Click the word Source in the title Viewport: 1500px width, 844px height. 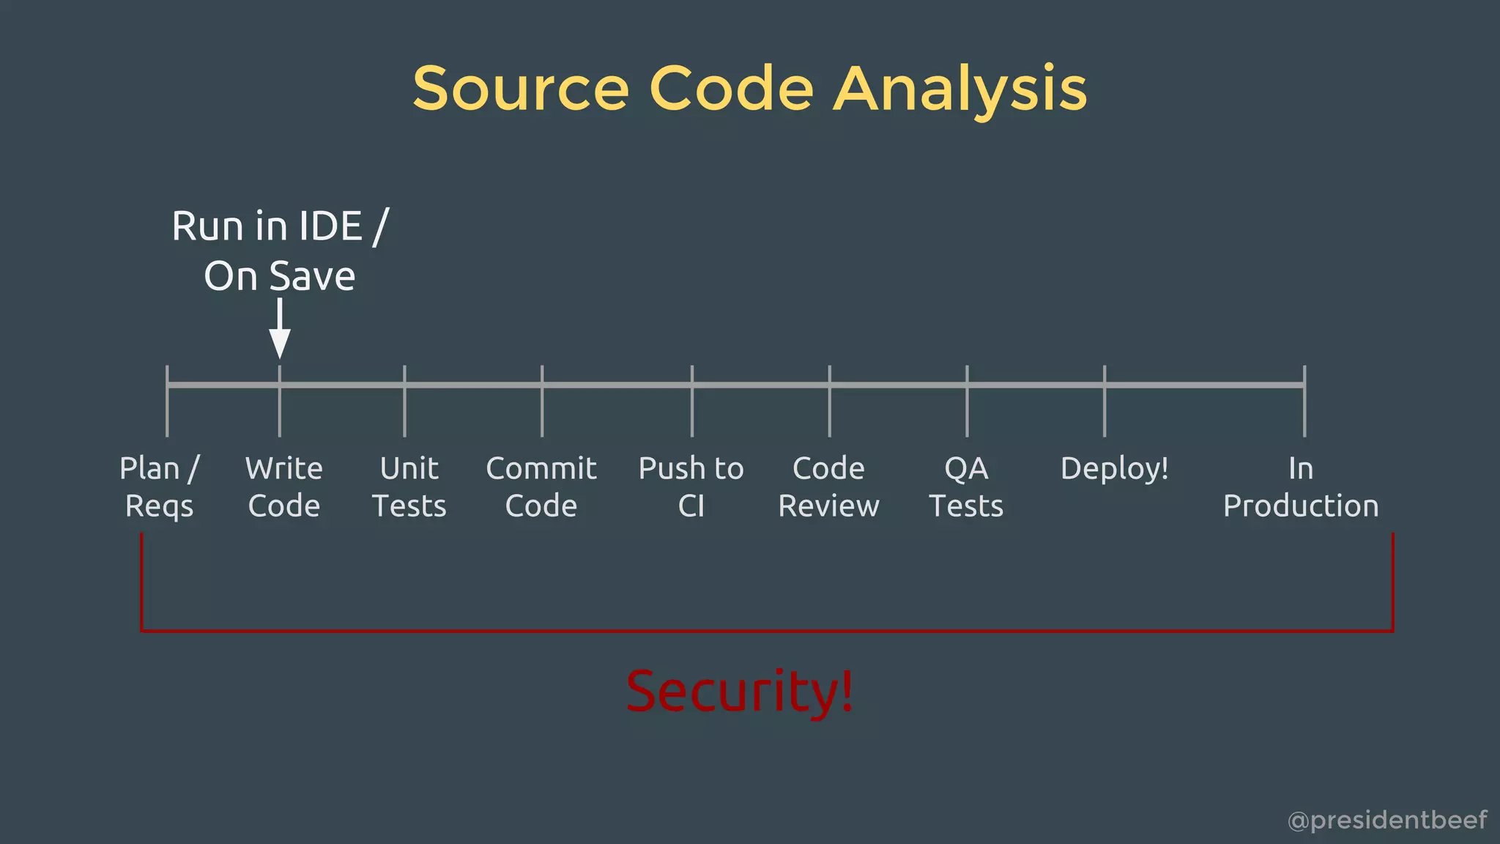(521, 89)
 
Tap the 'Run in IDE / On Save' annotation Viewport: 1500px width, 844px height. (280, 251)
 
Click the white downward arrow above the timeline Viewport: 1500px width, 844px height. (280, 329)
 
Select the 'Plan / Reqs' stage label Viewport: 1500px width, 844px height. (160, 487)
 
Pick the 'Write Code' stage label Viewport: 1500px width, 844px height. (284, 487)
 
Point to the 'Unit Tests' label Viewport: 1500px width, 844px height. (409, 487)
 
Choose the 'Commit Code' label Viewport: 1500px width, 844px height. (541, 487)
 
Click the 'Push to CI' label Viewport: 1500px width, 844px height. (691, 487)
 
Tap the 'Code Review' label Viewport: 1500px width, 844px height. (828, 487)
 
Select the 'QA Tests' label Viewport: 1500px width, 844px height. (966, 487)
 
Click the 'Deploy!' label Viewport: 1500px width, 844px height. (1114, 469)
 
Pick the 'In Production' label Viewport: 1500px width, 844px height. (1301, 487)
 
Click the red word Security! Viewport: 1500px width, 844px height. (740, 691)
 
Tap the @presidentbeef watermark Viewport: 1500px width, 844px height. (1387, 820)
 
